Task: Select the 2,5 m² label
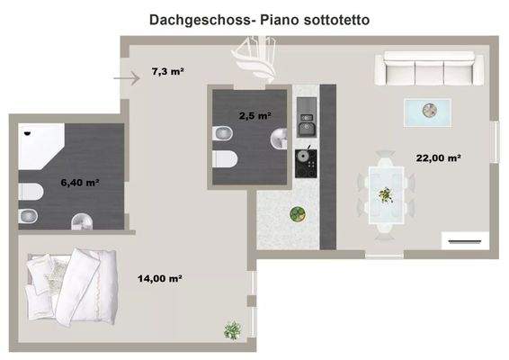254,115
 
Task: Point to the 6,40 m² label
79,183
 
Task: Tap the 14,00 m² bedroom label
160,279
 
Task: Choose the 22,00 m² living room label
438,157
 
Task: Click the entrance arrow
127,78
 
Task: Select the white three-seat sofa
429,68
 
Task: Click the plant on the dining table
386,194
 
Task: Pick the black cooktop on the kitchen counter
308,160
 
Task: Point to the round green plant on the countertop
295,214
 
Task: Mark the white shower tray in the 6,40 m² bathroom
40,145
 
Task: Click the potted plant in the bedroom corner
233,330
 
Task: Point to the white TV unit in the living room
464,240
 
